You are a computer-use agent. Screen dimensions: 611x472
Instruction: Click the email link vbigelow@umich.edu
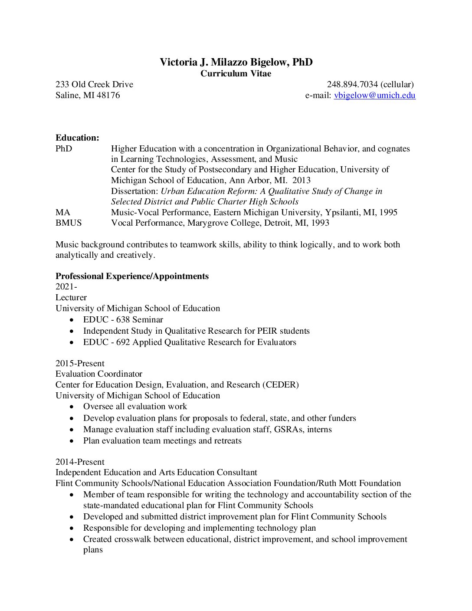coord(374,95)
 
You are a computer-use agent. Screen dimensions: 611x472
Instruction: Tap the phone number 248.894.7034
coord(352,85)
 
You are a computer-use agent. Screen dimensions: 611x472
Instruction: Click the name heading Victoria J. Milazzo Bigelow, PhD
coord(236,62)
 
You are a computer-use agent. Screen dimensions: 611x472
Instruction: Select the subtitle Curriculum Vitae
coord(236,74)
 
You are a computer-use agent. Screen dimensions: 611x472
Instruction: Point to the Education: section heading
coord(77,138)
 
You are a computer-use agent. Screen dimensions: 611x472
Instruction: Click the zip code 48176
coord(108,95)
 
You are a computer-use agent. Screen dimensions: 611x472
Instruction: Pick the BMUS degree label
coord(69,223)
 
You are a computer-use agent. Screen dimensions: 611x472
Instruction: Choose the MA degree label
coord(62,213)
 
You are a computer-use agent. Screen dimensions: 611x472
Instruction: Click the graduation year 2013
coord(302,181)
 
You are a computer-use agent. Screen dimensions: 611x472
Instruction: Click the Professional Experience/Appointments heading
coord(132,276)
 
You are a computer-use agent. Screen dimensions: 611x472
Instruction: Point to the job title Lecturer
coord(71,298)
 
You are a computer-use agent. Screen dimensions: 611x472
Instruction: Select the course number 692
coord(123,342)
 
